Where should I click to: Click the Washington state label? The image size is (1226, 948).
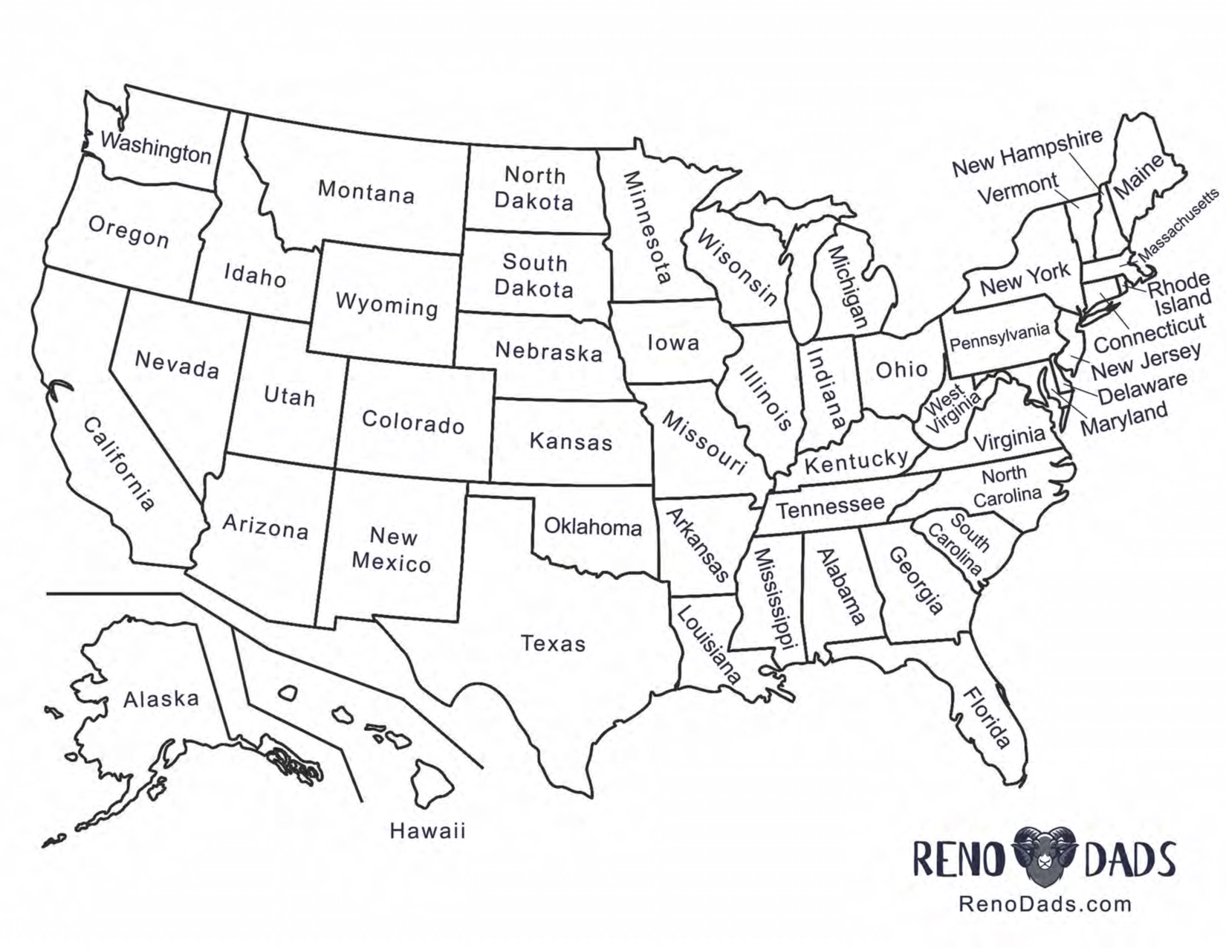[x=156, y=147]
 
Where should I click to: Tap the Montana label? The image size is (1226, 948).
[x=366, y=192]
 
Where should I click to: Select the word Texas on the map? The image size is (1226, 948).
[x=554, y=643]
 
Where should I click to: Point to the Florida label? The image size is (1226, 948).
[x=987, y=718]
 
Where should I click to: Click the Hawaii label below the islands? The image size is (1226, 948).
[x=428, y=831]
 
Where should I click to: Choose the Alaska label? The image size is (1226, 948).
[x=161, y=700]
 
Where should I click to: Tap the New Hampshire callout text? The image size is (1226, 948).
[x=1027, y=153]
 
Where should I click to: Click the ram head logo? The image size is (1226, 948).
[x=1044, y=857]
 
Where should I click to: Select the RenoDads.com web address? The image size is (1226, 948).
[x=1045, y=904]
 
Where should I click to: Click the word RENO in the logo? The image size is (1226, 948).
[x=959, y=859]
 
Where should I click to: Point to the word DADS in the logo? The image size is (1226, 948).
[x=1130, y=859]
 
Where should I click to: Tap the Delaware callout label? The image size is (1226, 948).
[x=1142, y=388]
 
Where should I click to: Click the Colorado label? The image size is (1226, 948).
[x=413, y=422]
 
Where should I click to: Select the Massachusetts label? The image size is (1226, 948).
[x=1178, y=225]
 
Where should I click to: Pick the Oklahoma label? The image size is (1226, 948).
[x=593, y=527]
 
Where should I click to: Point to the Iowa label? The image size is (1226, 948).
[x=673, y=343]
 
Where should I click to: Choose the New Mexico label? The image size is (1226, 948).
[x=392, y=549]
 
